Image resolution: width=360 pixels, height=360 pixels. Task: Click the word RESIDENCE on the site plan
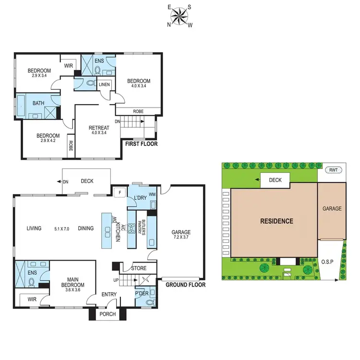coord(276,221)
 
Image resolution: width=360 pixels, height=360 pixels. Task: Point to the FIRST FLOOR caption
coord(141,143)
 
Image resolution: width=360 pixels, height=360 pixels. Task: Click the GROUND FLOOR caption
coord(185,285)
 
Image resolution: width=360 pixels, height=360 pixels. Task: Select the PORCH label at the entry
coord(108,315)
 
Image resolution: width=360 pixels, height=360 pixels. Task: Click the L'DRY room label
coord(140,198)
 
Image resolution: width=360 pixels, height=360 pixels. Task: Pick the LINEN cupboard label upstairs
coord(105,85)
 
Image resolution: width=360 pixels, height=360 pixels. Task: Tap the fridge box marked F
coord(119,192)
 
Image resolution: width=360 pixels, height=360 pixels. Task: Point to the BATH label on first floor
coord(38,103)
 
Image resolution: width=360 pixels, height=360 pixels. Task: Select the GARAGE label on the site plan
coord(332,209)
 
